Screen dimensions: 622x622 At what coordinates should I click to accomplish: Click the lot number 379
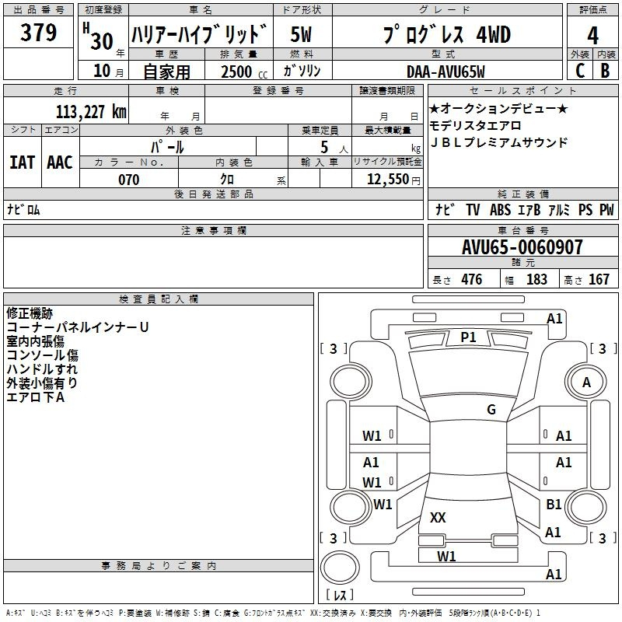[x=38, y=33]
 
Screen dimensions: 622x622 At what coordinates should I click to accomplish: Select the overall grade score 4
[x=592, y=36]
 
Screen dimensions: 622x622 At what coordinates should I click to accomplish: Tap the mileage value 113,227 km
[x=91, y=112]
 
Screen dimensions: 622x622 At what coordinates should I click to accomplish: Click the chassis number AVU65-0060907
[x=522, y=247]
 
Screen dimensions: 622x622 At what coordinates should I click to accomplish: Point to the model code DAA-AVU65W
[x=446, y=72]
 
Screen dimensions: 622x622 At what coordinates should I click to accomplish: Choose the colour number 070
[x=128, y=180]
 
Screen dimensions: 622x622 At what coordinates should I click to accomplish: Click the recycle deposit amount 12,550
[x=388, y=180]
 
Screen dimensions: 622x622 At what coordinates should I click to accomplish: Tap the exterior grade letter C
[x=580, y=71]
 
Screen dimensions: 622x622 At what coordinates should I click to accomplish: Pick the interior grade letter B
[x=605, y=71]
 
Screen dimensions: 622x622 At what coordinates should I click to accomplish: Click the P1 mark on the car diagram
[x=468, y=337]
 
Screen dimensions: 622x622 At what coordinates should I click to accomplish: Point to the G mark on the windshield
[x=491, y=409]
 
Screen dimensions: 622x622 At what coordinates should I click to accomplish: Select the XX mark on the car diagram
[x=438, y=517]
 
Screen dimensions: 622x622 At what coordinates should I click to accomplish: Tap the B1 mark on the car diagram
[x=554, y=504]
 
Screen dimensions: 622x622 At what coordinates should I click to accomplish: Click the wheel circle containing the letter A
[x=586, y=382]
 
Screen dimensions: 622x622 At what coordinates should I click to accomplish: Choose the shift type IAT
[x=22, y=162]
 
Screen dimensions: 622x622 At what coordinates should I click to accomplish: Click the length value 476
[x=472, y=279]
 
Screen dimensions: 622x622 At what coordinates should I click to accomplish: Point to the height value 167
[x=599, y=279]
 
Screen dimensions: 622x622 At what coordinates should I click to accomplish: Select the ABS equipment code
[x=500, y=209]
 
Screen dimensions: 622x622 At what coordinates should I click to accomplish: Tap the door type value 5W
[x=301, y=35]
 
